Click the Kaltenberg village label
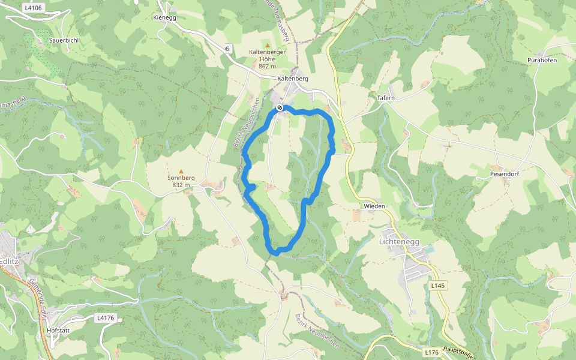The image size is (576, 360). coord(293,79)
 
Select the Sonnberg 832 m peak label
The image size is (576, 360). coord(181,182)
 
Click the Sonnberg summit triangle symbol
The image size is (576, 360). coord(181,171)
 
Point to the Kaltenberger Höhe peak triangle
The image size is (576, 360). coord(268,45)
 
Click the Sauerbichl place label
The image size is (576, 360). coord(64,40)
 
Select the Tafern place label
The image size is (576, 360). coord(386,97)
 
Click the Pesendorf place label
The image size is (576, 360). coord(503,174)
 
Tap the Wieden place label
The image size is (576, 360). coord(374,206)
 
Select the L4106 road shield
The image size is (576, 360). coord(33,8)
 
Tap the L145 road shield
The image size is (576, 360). coord(438,286)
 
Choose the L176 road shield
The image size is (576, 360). coord(431,352)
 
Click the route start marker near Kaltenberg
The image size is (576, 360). coord(280,108)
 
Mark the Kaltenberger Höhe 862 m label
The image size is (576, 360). coord(268,59)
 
